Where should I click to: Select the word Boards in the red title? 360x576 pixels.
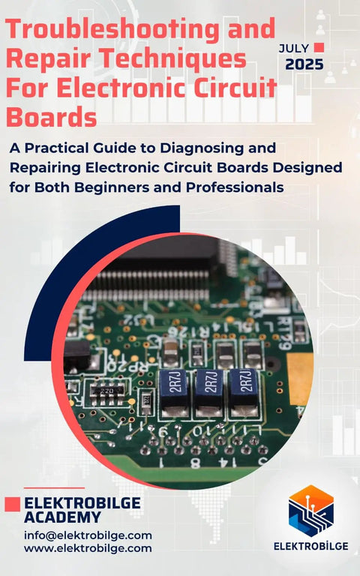[52, 117]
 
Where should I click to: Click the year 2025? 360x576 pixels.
[304, 64]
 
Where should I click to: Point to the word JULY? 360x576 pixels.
[294, 48]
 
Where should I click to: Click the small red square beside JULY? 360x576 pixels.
[319, 47]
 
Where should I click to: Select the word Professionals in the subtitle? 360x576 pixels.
[235, 187]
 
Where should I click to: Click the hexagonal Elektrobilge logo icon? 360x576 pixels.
[311, 511]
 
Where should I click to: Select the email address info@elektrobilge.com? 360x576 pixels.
[88, 535]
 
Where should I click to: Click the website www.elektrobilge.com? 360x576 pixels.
[88, 548]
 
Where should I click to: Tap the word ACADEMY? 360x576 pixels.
[62, 517]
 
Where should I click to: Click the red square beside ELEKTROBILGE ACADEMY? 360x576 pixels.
[13, 504]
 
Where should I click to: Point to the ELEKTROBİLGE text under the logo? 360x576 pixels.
[311, 546]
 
